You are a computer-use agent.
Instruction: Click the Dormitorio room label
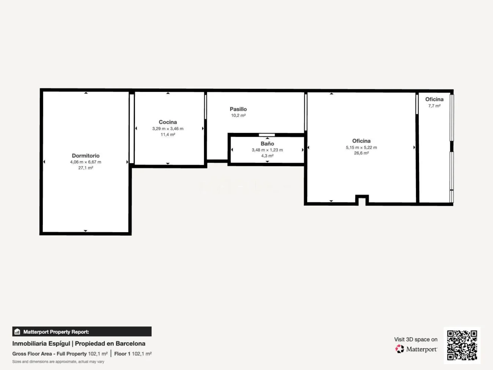click(86, 156)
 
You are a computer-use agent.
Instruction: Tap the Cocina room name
click(168, 122)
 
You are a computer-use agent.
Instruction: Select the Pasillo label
click(238, 109)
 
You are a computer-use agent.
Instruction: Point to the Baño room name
click(267, 144)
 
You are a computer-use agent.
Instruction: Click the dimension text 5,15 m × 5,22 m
click(361, 148)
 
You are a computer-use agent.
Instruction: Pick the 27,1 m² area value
click(86, 168)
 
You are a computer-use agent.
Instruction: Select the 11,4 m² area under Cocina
click(168, 135)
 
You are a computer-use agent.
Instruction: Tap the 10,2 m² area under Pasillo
click(238, 115)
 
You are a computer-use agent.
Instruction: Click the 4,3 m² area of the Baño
click(267, 156)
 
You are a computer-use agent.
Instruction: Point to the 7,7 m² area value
click(434, 106)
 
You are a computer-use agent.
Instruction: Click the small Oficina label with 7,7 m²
click(434, 99)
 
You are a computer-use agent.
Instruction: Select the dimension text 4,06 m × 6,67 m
click(86, 162)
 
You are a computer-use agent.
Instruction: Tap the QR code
click(462, 345)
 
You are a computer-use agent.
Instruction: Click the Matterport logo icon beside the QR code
click(400, 349)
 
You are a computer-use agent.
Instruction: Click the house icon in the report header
click(17, 332)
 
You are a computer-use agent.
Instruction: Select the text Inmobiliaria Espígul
click(41, 343)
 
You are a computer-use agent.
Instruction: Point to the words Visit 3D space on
click(416, 339)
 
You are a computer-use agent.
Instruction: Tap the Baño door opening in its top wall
click(267, 135)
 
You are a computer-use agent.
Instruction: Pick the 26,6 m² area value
click(361, 153)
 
